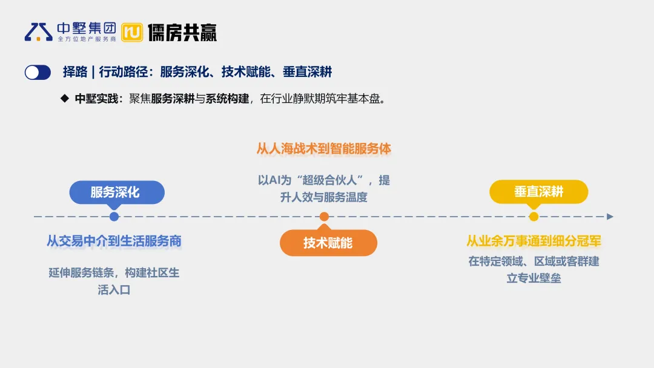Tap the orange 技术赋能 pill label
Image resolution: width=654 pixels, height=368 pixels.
coord(328,243)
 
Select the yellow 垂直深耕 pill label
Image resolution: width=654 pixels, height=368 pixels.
coord(538,192)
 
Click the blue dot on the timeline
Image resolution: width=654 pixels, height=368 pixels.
coord(114,217)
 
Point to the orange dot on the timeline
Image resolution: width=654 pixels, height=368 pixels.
coord(325,217)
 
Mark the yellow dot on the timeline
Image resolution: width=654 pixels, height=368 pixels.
coord(533,217)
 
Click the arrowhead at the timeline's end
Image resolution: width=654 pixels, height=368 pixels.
coord(610,217)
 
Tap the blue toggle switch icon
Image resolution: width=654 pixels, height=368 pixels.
coord(38,73)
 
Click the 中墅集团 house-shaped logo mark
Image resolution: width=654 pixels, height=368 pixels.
coord(38,31)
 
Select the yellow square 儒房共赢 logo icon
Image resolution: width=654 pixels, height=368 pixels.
coord(132,32)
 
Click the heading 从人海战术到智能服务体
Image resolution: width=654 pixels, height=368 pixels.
coord(324,149)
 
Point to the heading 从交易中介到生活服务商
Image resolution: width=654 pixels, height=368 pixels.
coord(114,241)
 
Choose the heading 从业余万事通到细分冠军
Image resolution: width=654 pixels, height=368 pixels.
coord(533,241)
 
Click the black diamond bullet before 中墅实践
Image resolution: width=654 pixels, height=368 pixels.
coord(65,98)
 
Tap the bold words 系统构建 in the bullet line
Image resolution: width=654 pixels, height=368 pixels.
coord(228,99)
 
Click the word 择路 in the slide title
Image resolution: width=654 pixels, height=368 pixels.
coord(75,73)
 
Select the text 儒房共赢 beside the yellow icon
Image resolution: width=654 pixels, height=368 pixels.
coord(182,32)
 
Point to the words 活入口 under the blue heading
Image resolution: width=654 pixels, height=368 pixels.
coord(114,290)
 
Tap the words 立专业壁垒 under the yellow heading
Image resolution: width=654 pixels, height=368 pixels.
coord(533,278)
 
